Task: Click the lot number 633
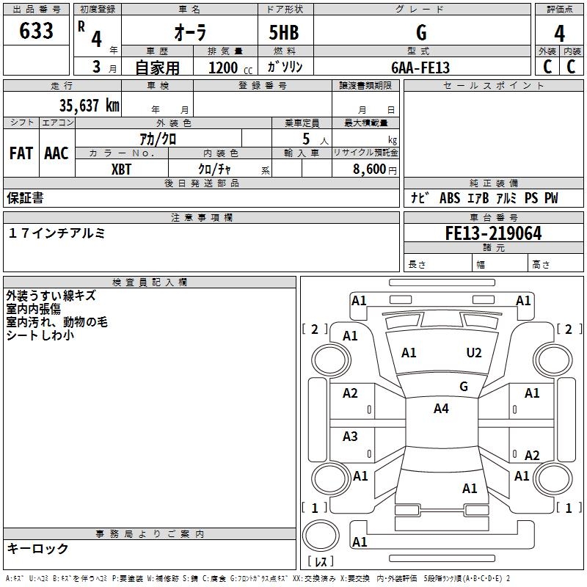(37, 32)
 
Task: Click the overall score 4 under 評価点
(559, 33)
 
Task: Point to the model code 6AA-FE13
(420, 68)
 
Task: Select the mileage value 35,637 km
(89, 106)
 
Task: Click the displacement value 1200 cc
(227, 68)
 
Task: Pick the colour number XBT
(122, 168)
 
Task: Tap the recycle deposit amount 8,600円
(370, 168)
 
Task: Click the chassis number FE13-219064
(493, 233)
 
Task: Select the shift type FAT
(21, 153)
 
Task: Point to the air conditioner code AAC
(56, 153)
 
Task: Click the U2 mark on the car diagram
(474, 353)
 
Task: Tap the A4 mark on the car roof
(441, 409)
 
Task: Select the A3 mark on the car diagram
(350, 437)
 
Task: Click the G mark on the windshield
(463, 386)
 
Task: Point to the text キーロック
(38, 548)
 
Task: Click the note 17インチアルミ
(57, 233)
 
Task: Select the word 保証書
(26, 197)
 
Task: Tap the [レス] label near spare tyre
(323, 561)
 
